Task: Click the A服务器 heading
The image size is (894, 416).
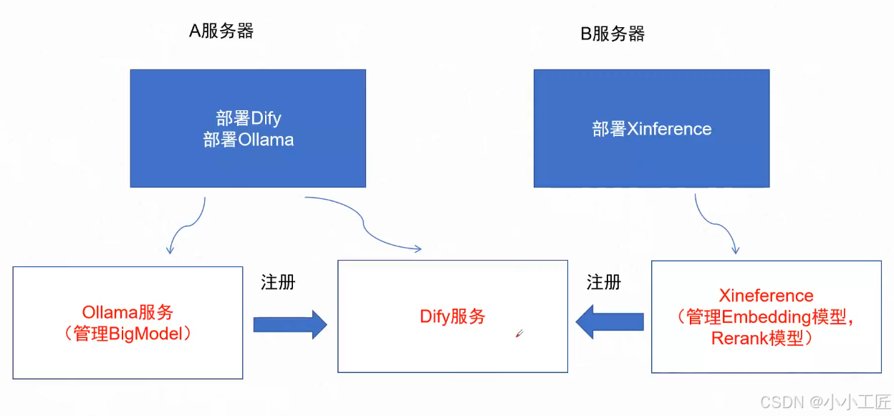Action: point(221,31)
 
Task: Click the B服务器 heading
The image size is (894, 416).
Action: point(612,34)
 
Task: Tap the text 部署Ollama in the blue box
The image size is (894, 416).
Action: point(249,140)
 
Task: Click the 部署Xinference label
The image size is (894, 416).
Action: point(652,129)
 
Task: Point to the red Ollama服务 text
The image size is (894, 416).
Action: point(128,312)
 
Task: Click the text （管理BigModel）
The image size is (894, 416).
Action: point(128,334)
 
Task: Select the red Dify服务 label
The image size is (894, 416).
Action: point(453,316)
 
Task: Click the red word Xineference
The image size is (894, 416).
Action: point(766,296)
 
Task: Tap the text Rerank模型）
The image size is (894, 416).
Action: point(766,339)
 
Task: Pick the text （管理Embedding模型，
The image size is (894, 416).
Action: point(766,317)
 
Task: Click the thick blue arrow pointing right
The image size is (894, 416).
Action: point(289,324)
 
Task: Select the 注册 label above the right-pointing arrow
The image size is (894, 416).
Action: point(278,282)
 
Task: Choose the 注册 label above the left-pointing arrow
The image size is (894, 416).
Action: point(604,282)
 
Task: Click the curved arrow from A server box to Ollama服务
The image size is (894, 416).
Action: point(191,223)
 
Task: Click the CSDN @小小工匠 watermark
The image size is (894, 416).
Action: point(825,402)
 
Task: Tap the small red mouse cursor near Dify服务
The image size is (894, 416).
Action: point(519,333)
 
